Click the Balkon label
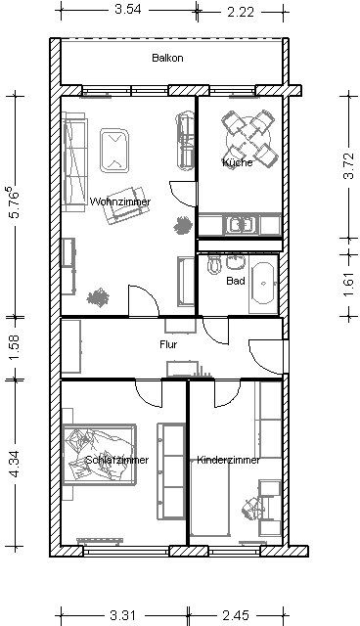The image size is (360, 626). tap(167, 58)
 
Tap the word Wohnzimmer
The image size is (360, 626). tap(120, 201)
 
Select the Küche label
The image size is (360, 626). tap(238, 162)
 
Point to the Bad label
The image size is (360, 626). tap(236, 281)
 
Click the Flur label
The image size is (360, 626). tap(168, 344)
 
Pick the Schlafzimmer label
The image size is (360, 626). tap(117, 460)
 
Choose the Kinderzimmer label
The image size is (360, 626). tap(228, 460)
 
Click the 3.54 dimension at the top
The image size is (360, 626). tap(128, 10)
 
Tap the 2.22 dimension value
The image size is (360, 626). tap(241, 12)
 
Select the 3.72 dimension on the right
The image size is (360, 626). tap(349, 165)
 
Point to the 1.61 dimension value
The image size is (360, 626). tap(349, 285)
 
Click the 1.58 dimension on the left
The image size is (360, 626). tap(15, 347)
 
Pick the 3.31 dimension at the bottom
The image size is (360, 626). tap(123, 615)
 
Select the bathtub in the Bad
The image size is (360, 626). tap(263, 284)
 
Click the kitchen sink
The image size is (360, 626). tap(241, 224)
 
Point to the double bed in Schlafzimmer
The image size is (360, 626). tap(100, 455)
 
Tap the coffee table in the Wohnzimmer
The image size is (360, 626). tap(114, 150)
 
